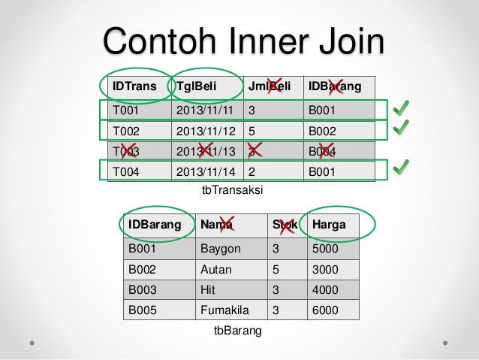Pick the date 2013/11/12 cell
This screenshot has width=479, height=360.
pos(204,130)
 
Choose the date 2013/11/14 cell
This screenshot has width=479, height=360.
pos(204,171)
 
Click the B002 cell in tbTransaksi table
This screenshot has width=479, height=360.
pos(324,130)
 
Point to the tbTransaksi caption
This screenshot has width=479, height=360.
pos(232,191)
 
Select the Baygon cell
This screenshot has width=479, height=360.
pos(220,249)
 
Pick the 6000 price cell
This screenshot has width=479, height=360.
pos(325,310)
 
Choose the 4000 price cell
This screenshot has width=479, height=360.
pos(325,289)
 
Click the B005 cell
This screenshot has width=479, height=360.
pos(141,310)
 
